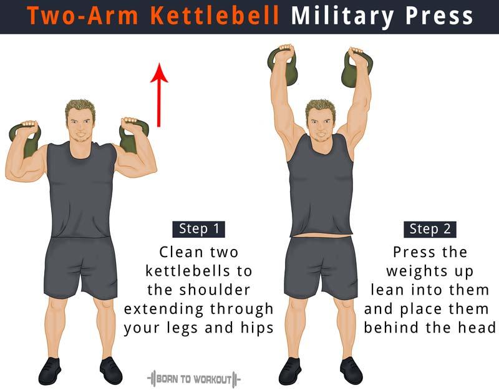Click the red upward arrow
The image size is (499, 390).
click(159, 95)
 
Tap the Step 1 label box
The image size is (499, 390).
click(199, 229)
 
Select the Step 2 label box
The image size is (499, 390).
click(430, 229)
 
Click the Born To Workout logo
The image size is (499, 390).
click(194, 379)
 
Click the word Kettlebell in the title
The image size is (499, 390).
click(215, 16)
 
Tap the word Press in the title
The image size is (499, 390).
click(440, 16)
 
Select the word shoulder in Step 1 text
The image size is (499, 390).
click(215, 290)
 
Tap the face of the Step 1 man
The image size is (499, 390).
click(80, 125)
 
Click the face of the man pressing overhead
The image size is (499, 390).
click(321, 124)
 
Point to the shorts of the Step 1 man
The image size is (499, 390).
click(80, 267)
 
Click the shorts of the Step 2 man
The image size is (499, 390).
click(321, 267)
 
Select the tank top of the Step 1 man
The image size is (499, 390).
click(81, 190)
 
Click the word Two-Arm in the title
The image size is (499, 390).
click(83, 16)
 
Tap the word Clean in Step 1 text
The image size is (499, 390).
click(182, 252)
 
